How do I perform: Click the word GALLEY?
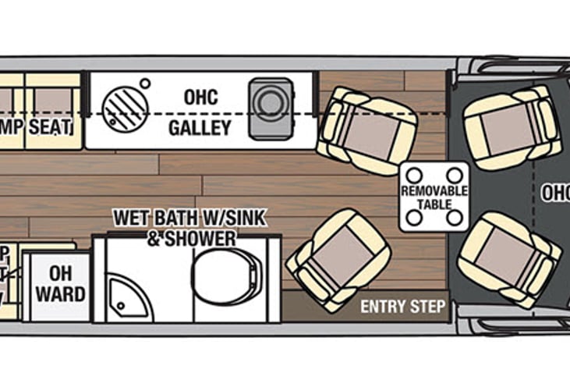(x=200, y=127)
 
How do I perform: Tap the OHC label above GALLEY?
(x=200, y=98)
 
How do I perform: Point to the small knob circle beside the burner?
(x=146, y=84)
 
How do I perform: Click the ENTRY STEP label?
(x=403, y=307)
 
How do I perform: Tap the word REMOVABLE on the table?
(x=434, y=191)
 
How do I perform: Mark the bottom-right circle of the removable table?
(x=458, y=219)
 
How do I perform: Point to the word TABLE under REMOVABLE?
(x=434, y=204)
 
